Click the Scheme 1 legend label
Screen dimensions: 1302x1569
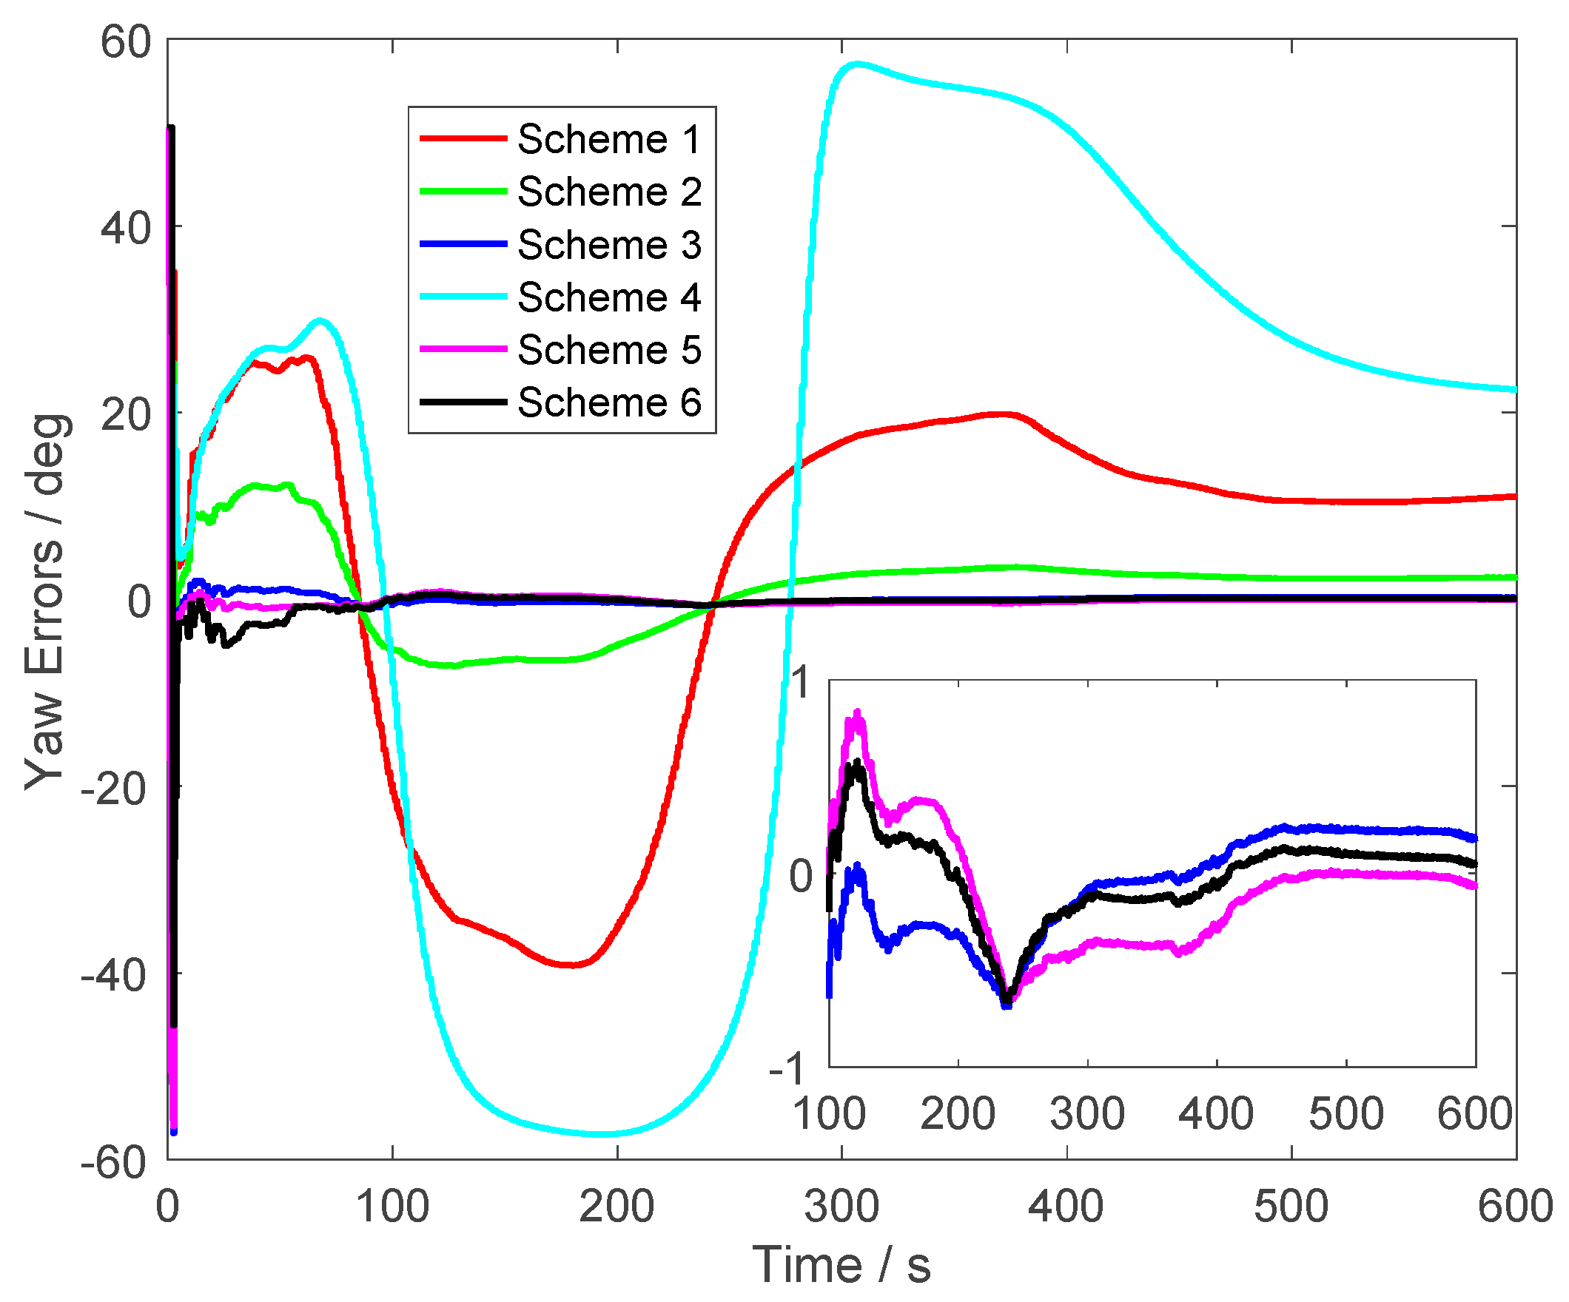(x=609, y=139)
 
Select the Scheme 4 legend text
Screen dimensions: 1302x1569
(x=609, y=297)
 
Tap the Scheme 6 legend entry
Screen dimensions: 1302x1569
(x=609, y=402)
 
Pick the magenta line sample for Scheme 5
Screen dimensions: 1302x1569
(x=463, y=350)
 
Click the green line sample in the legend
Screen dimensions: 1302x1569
(x=463, y=191)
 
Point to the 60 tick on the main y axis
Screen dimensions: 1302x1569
(x=126, y=42)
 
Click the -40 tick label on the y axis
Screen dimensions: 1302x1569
(x=113, y=976)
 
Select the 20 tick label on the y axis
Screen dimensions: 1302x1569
(x=126, y=414)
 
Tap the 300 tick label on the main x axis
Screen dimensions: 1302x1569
(x=841, y=1207)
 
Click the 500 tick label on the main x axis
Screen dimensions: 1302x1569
(x=1291, y=1207)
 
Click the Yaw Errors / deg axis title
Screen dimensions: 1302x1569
(x=47, y=601)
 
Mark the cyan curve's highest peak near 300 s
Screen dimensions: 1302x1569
(x=856, y=64)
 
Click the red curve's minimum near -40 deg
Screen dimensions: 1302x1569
(x=571, y=965)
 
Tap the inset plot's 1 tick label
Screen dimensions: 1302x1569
(x=801, y=682)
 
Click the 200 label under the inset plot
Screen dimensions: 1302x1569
(x=958, y=1114)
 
